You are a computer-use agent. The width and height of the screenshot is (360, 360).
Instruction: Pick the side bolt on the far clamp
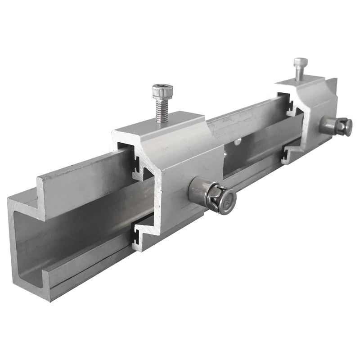point(336,126)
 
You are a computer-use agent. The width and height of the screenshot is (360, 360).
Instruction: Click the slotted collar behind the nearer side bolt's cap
point(212,196)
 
